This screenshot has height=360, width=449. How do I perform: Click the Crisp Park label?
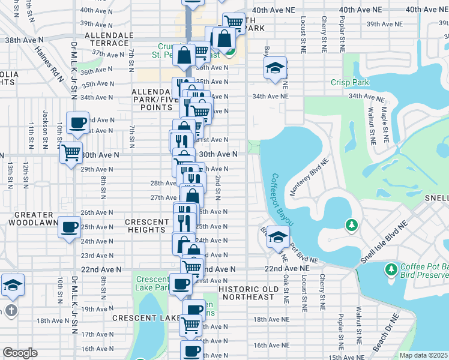click(347, 83)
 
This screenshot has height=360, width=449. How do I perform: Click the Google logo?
click(20, 352)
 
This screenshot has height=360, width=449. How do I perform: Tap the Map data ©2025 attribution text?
click(423, 355)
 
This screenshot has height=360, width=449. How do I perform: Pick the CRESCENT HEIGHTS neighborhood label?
click(147, 226)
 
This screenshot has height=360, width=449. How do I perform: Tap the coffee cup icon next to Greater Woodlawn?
click(69, 226)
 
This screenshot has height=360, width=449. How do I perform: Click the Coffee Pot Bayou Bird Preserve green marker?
click(391, 268)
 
